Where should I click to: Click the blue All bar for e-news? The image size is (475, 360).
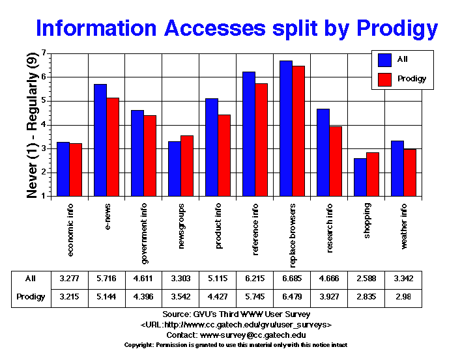(100, 140)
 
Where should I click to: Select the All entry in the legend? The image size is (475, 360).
(402, 59)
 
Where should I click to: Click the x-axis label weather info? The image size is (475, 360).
(405, 226)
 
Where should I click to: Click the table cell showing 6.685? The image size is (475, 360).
(291, 279)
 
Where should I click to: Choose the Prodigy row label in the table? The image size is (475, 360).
(30, 297)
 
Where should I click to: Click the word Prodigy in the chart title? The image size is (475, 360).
(391, 28)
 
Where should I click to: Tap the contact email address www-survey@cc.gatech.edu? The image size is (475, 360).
(253, 334)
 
